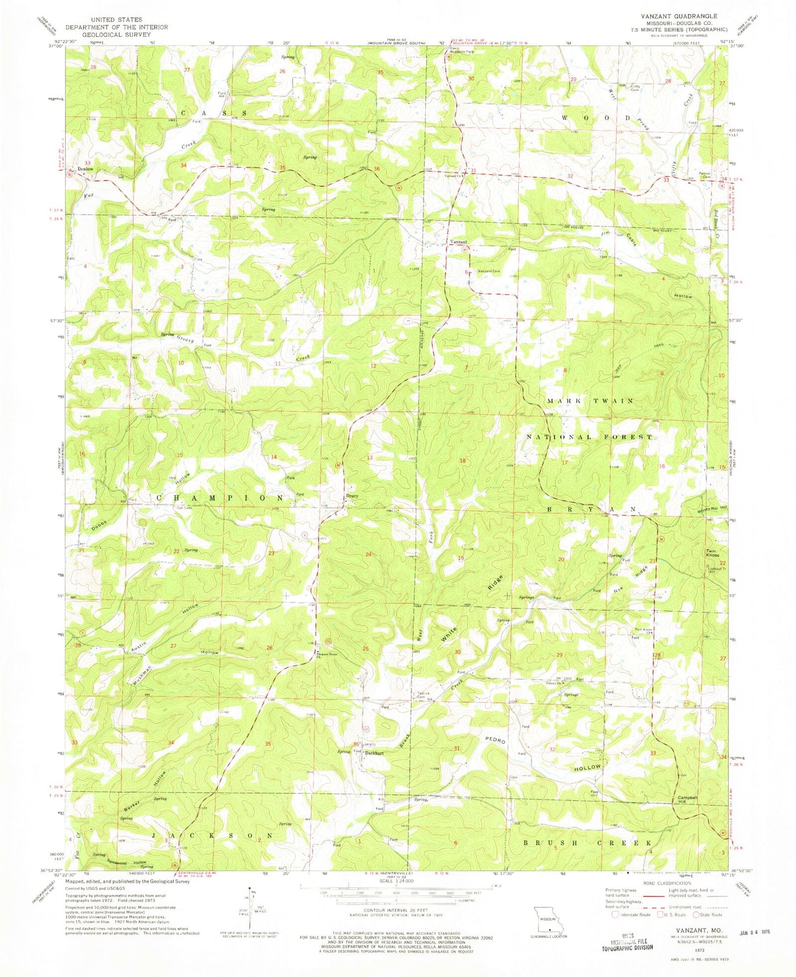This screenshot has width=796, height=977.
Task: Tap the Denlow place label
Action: [85, 169]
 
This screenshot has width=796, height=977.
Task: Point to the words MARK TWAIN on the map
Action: [590, 401]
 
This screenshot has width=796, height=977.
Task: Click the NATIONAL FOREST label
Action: [590, 436]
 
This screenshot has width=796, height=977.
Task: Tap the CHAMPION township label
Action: [220, 497]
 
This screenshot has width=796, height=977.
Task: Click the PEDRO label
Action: [496, 741]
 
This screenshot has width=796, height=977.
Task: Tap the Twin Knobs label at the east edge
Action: [713, 553]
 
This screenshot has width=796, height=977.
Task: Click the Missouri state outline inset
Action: [548, 918]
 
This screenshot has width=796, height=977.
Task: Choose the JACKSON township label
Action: [212, 835]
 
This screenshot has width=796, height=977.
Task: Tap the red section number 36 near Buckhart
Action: [356, 745]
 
